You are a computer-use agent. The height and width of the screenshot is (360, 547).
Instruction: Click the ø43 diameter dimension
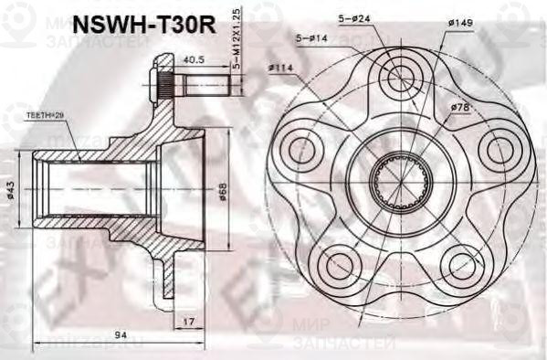pos(10,191)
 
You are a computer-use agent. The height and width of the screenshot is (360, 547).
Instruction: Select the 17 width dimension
pos(187,321)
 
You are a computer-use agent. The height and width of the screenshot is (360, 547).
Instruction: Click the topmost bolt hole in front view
pos(400,79)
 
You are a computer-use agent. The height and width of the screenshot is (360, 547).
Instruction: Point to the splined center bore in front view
pos(399,183)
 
